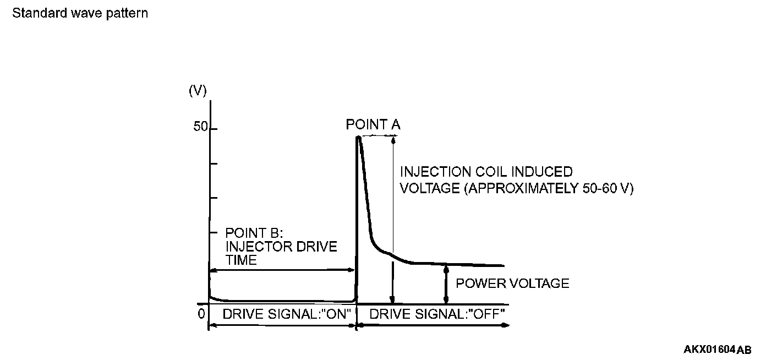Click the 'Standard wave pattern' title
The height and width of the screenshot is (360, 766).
[80, 13]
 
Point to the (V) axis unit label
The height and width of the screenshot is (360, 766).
[198, 91]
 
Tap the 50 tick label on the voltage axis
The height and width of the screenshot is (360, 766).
[200, 128]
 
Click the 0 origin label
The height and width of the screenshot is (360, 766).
[201, 313]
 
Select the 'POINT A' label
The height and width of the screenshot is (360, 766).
[373, 125]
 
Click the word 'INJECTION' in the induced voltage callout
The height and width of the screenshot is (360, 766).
[435, 172]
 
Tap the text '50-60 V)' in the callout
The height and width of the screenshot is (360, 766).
[607, 188]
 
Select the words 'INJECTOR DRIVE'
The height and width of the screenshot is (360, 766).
[281, 246]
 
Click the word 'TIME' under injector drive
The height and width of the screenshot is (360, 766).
[241, 260]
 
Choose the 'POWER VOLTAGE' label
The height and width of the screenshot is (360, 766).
[512, 283]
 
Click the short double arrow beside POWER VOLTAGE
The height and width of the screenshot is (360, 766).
[446, 284]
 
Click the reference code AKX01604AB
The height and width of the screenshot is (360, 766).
[717, 350]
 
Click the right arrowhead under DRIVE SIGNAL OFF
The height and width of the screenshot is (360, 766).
[505, 325]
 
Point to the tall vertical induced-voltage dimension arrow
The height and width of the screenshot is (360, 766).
[393, 220]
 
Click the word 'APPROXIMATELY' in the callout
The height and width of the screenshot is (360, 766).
[519, 188]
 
